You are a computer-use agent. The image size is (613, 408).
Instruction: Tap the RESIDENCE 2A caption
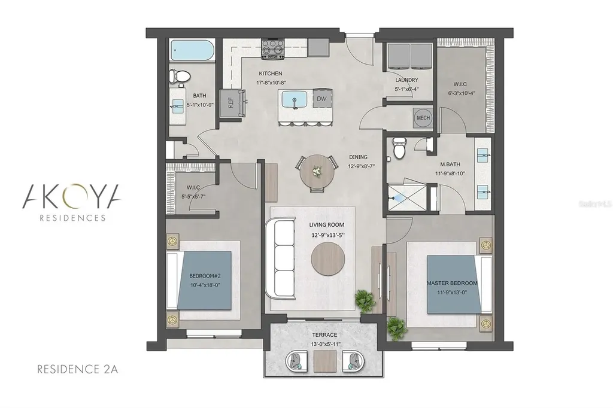point(78,369)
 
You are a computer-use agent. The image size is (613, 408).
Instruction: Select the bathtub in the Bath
point(188,51)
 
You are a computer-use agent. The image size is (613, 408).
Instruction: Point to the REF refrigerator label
point(230,102)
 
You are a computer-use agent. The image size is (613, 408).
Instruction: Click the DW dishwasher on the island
point(321,99)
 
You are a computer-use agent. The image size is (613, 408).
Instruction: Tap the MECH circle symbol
point(423,118)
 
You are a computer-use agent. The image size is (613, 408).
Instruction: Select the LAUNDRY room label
point(406,80)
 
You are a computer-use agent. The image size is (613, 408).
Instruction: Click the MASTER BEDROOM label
point(452,282)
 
